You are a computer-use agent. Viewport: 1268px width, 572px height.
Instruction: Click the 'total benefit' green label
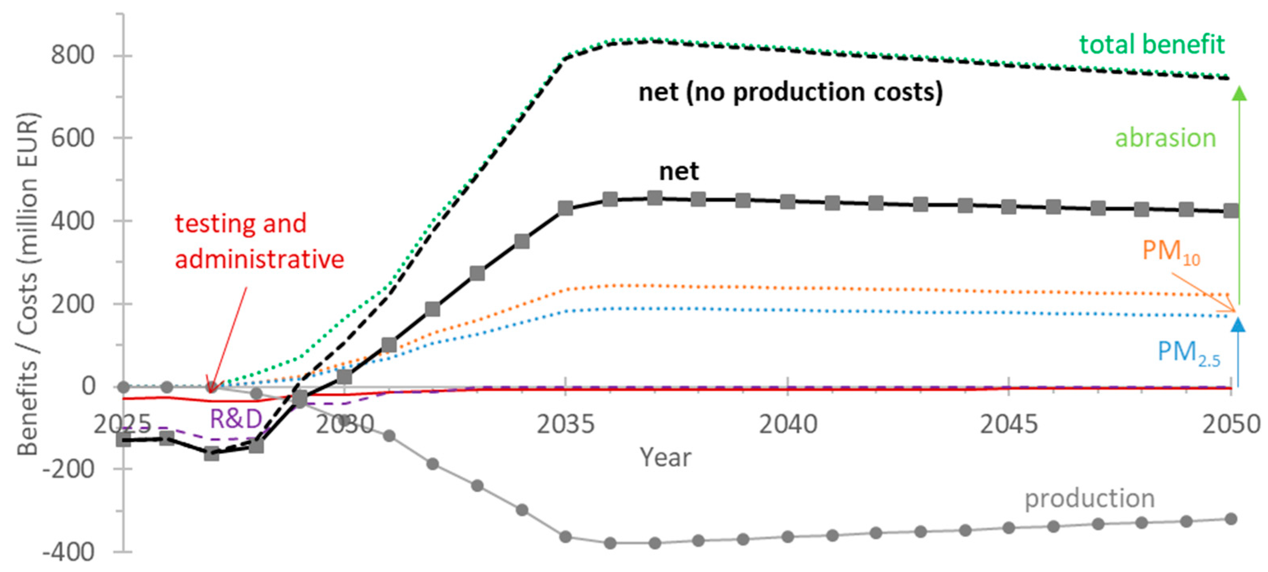(x=1152, y=44)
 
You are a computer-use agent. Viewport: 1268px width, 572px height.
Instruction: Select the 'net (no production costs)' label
(x=790, y=92)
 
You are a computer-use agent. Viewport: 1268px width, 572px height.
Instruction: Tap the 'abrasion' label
(x=1165, y=138)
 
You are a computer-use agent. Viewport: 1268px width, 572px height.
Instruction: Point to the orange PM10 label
(x=1171, y=252)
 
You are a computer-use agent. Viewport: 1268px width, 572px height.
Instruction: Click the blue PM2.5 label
(x=1188, y=352)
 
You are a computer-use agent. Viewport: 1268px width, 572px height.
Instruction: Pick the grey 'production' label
(x=1089, y=498)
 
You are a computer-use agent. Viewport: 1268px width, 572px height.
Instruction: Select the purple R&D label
(x=236, y=419)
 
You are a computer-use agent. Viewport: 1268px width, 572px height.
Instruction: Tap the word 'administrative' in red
(x=260, y=259)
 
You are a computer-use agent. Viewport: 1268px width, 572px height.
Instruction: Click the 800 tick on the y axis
(x=72, y=55)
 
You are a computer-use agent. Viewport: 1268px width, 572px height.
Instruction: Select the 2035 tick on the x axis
(x=566, y=424)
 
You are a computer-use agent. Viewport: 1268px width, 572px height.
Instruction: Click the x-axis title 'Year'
(x=665, y=457)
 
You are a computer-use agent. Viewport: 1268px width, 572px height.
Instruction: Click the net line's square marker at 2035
(x=566, y=208)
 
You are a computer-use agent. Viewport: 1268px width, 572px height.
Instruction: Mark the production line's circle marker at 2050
(x=1230, y=519)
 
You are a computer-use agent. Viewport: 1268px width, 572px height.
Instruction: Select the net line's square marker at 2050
(x=1230, y=211)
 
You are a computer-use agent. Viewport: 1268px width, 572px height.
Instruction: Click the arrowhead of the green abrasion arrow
(x=1239, y=93)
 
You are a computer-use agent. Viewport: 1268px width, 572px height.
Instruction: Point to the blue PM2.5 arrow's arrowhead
(x=1238, y=325)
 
